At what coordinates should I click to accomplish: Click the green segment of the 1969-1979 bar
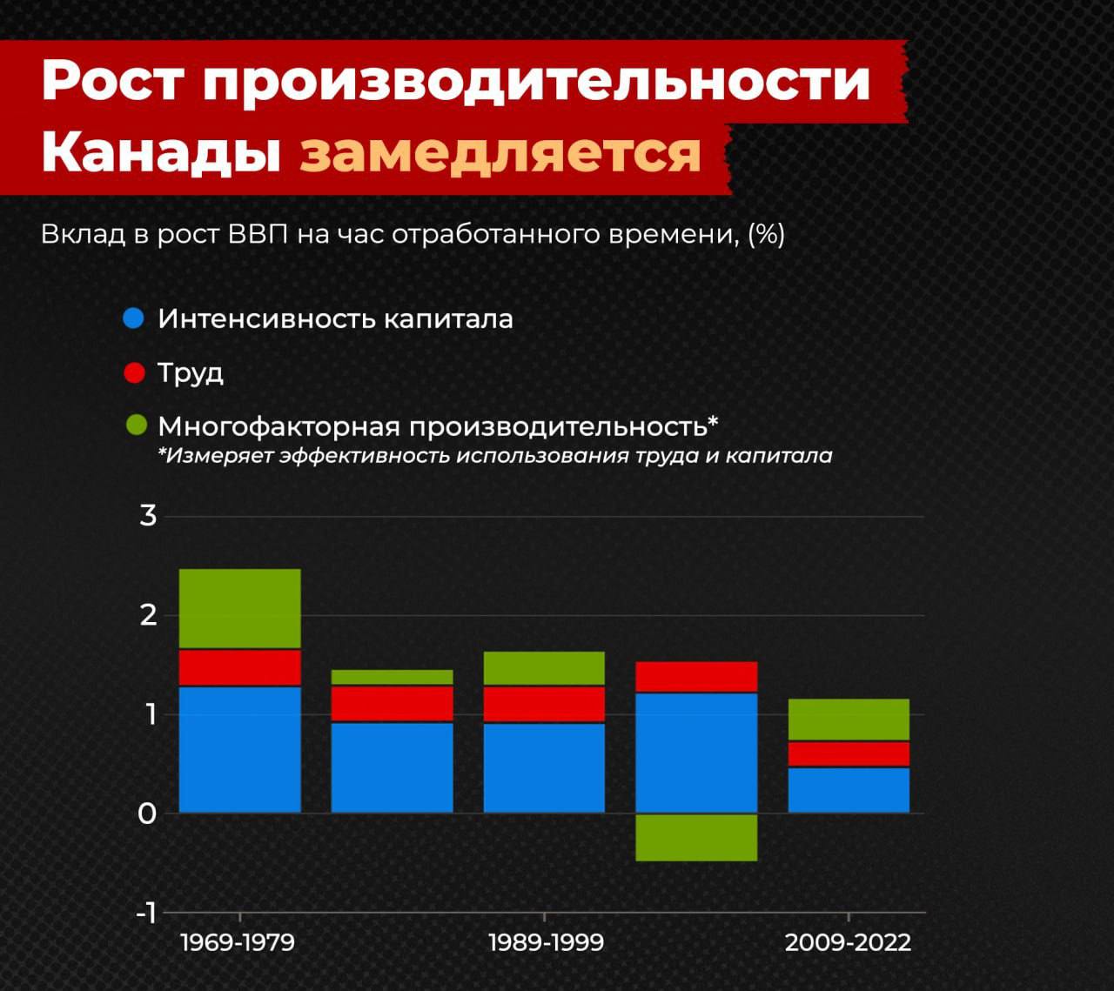240,608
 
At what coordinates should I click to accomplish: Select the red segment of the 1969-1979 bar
240,668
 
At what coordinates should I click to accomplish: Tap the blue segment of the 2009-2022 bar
849,790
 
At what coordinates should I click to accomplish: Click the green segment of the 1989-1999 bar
544,668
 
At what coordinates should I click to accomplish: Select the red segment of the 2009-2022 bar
849,754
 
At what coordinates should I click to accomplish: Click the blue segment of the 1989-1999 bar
544,768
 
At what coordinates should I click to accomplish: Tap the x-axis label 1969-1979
238,943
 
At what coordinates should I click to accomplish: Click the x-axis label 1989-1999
546,943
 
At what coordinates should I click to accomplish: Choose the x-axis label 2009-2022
848,943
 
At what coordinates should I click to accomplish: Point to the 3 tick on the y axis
148,516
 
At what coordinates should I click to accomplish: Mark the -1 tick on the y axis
146,913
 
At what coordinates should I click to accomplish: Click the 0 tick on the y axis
147,814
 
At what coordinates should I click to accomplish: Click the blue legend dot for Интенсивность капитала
134,318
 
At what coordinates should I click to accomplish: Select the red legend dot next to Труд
134,372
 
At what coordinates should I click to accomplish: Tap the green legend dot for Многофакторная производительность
137,425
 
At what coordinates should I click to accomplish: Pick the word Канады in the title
160,152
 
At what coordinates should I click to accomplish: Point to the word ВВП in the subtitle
258,235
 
